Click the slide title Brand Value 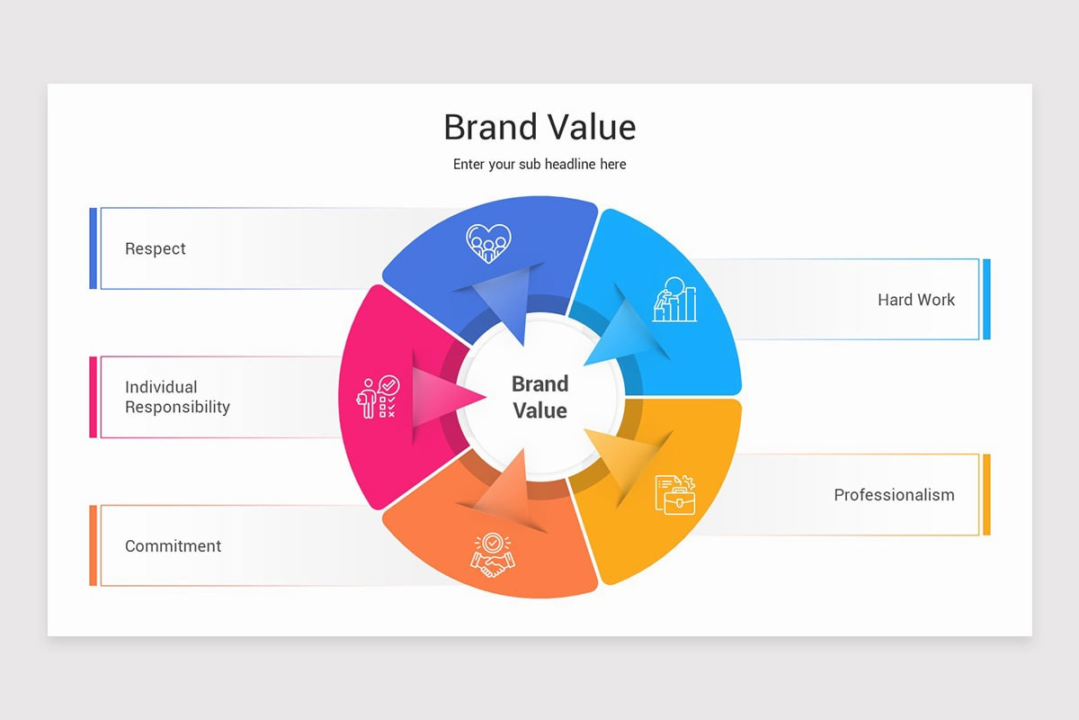tap(539, 128)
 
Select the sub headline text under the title tap(539, 165)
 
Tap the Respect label tap(156, 249)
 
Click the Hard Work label tap(916, 300)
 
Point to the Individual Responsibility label tap(177, 397)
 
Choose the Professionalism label tap(894, 495)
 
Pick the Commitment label tap(173, 546)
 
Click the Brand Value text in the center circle tap(539, 397)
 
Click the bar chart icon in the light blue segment tap(675, 300)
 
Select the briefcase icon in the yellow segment tap(675, 494)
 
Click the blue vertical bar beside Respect tap(94, 248)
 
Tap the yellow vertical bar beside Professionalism tap(986, 494)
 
